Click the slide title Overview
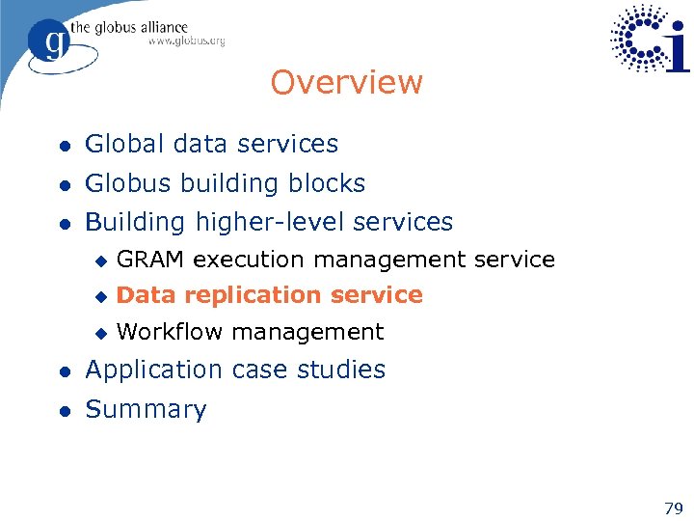tap(346, 83)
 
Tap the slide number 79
tap(674, 507)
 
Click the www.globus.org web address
tap(186, 41)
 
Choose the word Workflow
tap(170, 332)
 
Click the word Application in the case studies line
tap(154, 370)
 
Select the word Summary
tap(147, 410)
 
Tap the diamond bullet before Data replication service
tap(98, 296)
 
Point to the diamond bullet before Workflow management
tap(98, 333)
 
